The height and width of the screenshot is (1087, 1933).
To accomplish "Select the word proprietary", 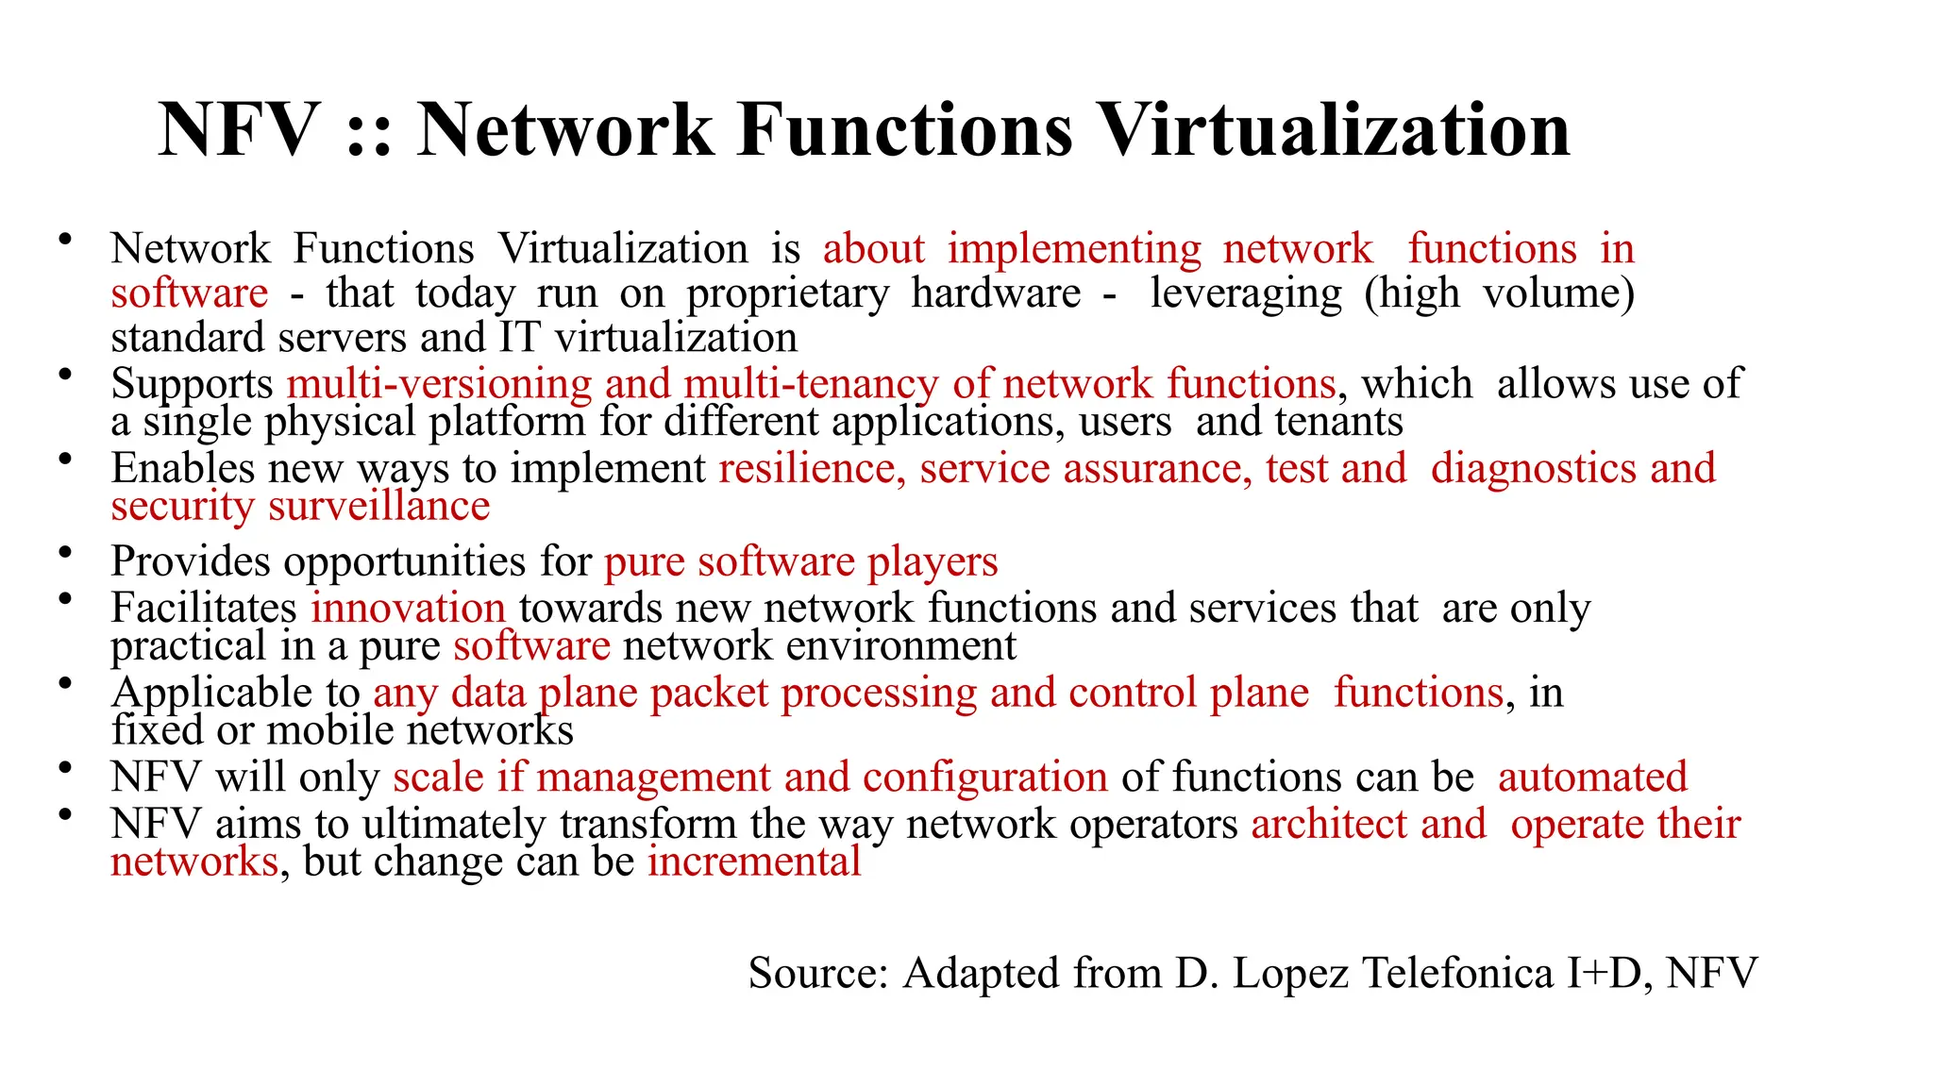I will pos(787,294).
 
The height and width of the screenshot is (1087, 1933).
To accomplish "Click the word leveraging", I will pos(1246,294).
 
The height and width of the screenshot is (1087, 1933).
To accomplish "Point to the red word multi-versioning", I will pos(440,384).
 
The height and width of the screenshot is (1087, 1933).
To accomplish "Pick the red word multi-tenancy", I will pos(811,384).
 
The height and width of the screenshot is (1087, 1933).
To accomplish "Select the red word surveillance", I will pos(379,507).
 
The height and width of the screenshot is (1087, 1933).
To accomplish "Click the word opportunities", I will pos(405,562).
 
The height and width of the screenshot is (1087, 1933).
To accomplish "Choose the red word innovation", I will pos(409,608).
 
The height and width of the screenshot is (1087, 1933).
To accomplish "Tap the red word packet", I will pos(709,694).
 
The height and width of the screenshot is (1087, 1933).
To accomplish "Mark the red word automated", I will pos(1592,778).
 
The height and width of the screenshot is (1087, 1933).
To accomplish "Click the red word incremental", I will pos(754,861).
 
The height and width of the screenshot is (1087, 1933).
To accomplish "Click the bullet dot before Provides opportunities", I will pos(65,553).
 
